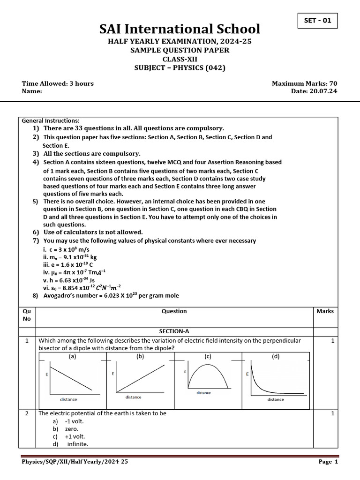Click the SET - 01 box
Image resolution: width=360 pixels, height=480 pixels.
[317, 21]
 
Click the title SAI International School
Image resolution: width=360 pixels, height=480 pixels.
[180, 30]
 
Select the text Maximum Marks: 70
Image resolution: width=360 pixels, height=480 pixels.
[304, 83]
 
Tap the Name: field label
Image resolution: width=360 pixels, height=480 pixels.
[32, 91]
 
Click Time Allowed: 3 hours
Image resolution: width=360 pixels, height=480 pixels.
[58, 83]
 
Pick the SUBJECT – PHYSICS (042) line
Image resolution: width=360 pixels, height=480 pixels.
[180, 67]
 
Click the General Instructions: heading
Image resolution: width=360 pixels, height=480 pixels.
[51, 120]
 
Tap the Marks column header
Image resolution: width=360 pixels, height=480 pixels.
[325, 311]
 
